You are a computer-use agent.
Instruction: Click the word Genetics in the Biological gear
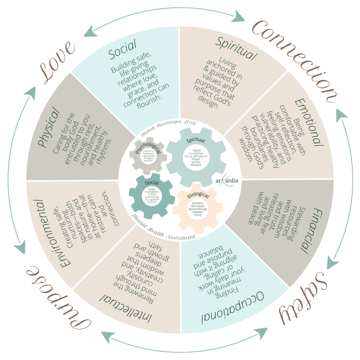pos(198,204)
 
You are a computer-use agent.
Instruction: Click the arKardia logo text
pos(227,180)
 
